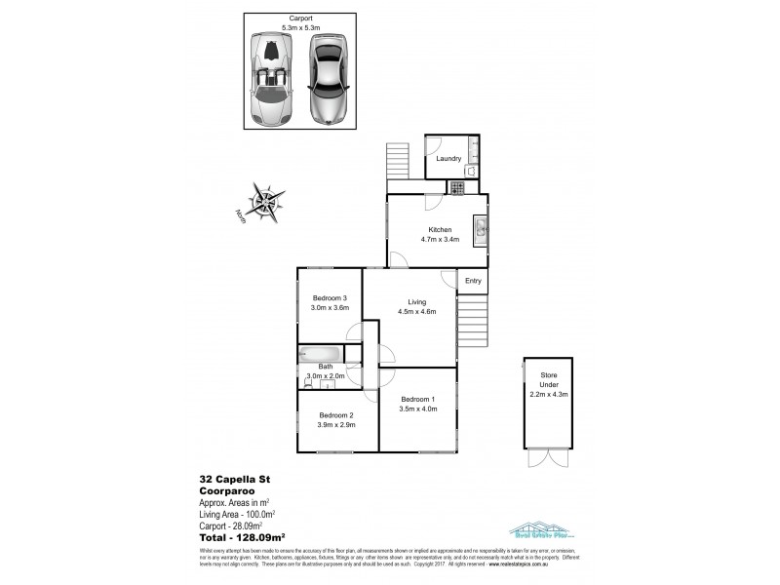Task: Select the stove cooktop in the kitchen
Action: (456, 187)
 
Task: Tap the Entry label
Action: (473, 281)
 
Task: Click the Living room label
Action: (416, 301)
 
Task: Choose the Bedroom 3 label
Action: (330, 297)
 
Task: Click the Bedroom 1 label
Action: (417, 399)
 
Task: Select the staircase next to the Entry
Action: (472, 320)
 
